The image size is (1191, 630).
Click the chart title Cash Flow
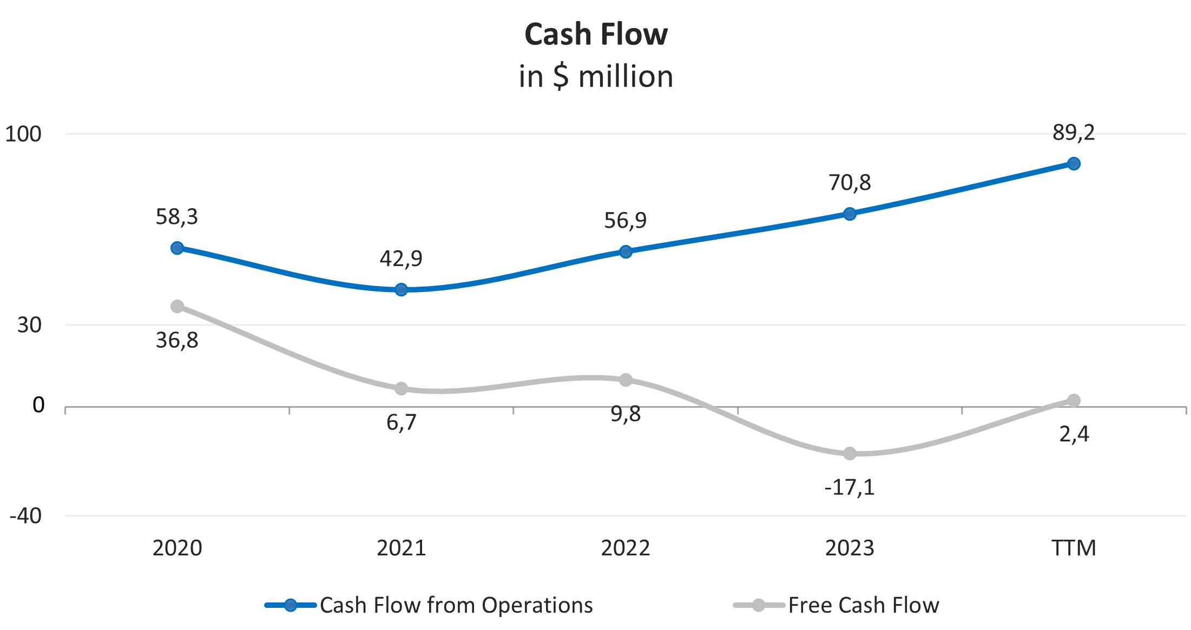pyautogui.click(x=596, y=35)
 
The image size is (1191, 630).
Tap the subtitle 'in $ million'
pyautogui.click(x=596, y=76)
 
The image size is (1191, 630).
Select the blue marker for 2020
pyautogui.click(x=177, y=248)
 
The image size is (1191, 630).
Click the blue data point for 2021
pyautogui.click(x=401, y=290)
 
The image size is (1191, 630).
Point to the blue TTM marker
pyautogui.click(x=1074, y=164)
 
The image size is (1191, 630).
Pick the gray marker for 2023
pyautogui.click(x=850, y=453)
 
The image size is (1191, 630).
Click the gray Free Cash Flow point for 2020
pyautogui.click(x=177, y=307)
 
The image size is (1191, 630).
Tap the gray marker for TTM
pyautogui.click(x=1074, y=400)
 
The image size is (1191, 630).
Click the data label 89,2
pyautogui.click(x=1074, y=132)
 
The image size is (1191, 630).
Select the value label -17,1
pyautogui.click(x=850, y=487)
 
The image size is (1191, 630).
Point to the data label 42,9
pyautogui.click(x=401, y=258)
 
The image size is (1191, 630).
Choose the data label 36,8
pyautogui.click(x=177, y=341)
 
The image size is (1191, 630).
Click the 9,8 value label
pyautogui.click(x=626, y=414)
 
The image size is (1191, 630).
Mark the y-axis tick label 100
pyautogui.click(x=23, y=134)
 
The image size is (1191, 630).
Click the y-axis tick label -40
pyautogui.click(x=25, y=516)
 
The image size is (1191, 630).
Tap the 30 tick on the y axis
pyautogui.click(x=29, y=325)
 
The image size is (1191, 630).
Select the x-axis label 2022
pyautogui.click(x=625, y=548)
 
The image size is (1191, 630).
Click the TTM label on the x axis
pyautogui.click(x=1074, y=548)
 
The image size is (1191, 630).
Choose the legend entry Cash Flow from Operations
pyautogui.click(x=429, y=605)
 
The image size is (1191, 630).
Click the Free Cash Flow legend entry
pyautogui.click(x=836, y=605)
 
